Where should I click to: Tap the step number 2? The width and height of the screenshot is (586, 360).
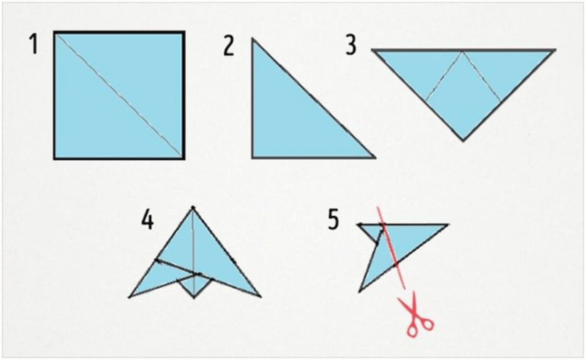(x=229, y=46)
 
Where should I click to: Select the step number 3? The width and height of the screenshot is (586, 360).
(x=351, y=45)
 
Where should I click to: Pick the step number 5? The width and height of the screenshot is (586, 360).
(x=334, y=220)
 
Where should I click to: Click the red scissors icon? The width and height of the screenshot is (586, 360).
(x=415, y=314)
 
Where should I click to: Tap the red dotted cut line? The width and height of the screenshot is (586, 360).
(x=391, y=247)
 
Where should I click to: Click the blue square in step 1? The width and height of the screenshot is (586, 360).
(x=119, y=95)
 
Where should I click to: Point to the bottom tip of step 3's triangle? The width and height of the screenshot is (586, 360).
(x=463, y=141)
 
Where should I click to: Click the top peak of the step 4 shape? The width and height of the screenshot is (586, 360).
(x=193, y=208)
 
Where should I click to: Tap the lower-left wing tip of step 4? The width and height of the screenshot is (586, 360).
(x=129, y=297)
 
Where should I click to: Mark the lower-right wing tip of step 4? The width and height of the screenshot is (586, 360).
(x=260, y=297)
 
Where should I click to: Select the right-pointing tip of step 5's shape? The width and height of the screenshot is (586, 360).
(x=448, y=225)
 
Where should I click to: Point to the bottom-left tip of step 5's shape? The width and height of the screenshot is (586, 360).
(x=359, y=292)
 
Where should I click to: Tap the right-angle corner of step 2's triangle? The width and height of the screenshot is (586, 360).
(x=252, y=158)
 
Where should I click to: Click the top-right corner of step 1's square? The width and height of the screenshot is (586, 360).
(x=185, y=32)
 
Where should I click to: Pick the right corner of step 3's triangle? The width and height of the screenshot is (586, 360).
(x=555, y=50)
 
